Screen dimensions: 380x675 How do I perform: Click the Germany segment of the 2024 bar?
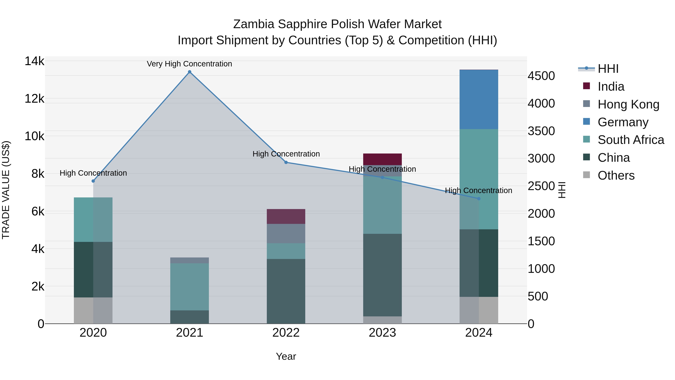pos(479,99)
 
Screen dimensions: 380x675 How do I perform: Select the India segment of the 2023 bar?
pos(382,159)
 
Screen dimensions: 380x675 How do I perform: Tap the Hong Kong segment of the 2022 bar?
pos(286,233)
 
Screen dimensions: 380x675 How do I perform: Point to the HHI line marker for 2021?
pos(189,72)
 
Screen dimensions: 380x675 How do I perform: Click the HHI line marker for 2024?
pos(479,199)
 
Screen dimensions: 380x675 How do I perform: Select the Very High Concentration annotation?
pos(189,64)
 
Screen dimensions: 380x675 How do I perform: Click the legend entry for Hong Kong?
pos(628,104)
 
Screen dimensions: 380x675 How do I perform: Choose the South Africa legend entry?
pos(631,140)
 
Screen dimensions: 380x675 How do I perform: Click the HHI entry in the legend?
pos(608,69)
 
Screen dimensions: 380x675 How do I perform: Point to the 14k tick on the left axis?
pos(34,61)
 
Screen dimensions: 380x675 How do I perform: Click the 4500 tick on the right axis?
pos(541,76)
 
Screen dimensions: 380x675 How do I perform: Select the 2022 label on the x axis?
pos(286,333)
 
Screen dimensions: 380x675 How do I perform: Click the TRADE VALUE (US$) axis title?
pos(6,190)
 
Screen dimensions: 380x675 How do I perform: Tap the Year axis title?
pos(286,356)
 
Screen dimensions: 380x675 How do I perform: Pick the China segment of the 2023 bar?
pos(382,275)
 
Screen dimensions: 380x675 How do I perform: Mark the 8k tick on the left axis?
pos(38,174)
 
